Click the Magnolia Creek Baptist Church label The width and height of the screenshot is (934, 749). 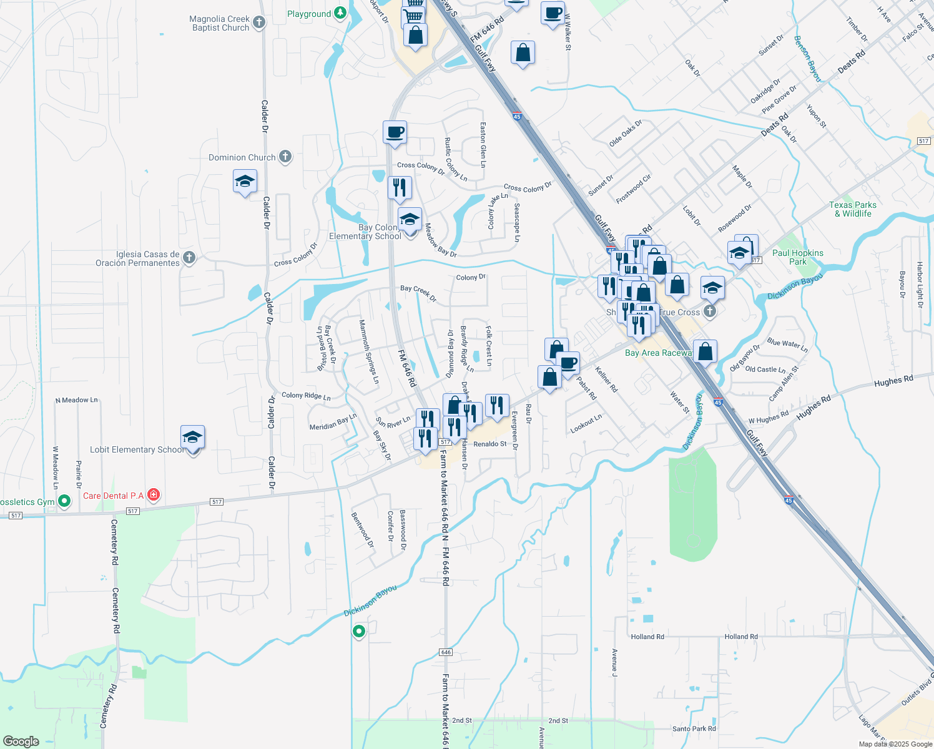click(220, 24)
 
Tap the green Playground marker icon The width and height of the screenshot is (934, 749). click(340, 13)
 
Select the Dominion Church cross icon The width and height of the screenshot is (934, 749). click(285, 157)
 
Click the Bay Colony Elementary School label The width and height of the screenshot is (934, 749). click(365, 232)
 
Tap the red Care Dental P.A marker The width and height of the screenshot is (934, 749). click(154, 496)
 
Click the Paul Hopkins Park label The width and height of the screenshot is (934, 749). click(798, 257)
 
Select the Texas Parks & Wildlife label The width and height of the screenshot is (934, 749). click(853, 209)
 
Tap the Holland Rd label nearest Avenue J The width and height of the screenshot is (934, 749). click(647, 637)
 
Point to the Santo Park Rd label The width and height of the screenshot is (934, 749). click(694, 728)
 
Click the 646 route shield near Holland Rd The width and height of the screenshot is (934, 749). click(445, 652)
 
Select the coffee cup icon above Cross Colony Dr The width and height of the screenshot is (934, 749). click(395, 132)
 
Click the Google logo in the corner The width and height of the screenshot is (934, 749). click(21, 741)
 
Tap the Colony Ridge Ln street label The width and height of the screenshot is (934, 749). click(306, 396)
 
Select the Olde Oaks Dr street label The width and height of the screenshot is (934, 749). click(625, 134)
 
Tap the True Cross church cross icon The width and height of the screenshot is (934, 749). click(709, 311)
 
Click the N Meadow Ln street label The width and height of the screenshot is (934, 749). click(77, 400)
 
